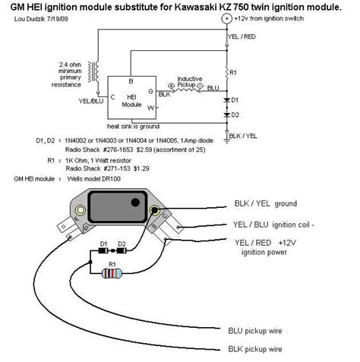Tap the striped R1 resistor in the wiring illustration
coord(112,272)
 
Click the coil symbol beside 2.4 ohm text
coord(93,72)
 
